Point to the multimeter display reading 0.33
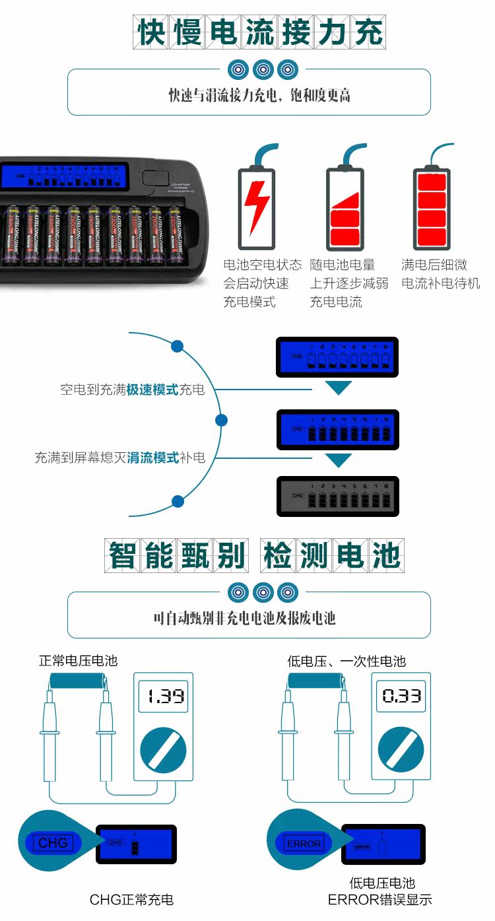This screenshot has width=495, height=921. point(401,697)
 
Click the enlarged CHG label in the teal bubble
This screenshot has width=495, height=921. point(53,843)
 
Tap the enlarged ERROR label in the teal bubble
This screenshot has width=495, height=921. point(304,843)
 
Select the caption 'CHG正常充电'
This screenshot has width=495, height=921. point(131,899)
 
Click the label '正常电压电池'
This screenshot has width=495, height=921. point(78,660)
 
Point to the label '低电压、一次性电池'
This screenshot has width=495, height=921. point(346,660)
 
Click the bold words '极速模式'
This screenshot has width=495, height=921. point(152,390)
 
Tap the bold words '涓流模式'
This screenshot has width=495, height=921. point(152,458)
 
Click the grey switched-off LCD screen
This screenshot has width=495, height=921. point(337,496)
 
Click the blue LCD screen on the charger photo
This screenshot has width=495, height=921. point(64,176)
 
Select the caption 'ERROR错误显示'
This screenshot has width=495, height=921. point(379,899)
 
